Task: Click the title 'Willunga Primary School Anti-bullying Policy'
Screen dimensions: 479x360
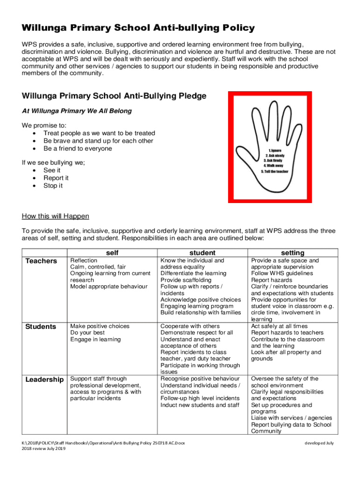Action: pyautogui.click(x=138, y=28)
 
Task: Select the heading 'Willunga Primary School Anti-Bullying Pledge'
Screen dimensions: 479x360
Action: pyautogui.click(x=114, y=96)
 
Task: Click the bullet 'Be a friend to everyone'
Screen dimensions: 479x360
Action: pyautogui.click(x=78, y=148)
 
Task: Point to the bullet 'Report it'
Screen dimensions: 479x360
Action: pyautogui.click(x=56, y=178)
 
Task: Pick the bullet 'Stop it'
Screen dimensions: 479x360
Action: pyautogui.click(x=53, y=186)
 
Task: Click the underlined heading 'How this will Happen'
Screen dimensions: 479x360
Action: pyautogui.click(x=55, y=216)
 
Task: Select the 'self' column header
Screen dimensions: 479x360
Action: pyautogui.click(x=112, y=253)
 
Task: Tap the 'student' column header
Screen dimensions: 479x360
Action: pyautogui.click(x=202, y=253)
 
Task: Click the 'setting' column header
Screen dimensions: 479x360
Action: pyautogui.click(x=293, y=253)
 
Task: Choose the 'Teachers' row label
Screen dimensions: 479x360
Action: pyautogui.click(x=41, y=261)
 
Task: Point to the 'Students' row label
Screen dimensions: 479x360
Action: pyautogui.click(x=41, y=327)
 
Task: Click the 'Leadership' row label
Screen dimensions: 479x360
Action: pyautogui.click(x=44, y=379)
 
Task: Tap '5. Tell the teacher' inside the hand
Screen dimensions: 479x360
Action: pyautogui.click(x=274, y=172)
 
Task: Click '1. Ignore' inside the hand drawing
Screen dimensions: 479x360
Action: pyautogui.click(x=274, y=150)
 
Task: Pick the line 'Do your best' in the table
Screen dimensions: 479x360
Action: pyautogui.click(x=87, y=333)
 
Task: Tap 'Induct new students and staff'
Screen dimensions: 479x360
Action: pyautogui.click(x=200, y=405)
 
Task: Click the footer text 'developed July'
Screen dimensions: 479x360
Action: pyautogui.click(x=319, y=443)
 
